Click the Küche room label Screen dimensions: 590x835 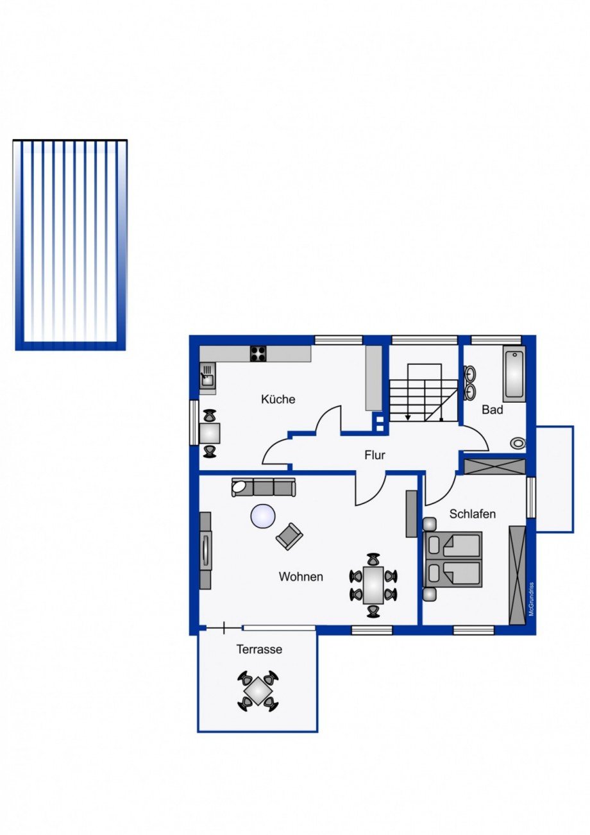point(278,399)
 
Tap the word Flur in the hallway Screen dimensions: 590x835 point(375,455)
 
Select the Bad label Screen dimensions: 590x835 point(493,410)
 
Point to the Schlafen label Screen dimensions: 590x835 point(472,514)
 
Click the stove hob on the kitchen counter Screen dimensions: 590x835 point(258,354)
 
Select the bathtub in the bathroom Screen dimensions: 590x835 point(514,374)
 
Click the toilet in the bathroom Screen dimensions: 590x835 point(518,443)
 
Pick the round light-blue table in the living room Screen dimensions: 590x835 point(263,516)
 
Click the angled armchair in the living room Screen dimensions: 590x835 point(289,536)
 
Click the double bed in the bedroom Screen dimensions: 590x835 point(453,559)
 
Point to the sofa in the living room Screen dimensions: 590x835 point(264,487)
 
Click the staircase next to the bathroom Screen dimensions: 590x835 point(424,392)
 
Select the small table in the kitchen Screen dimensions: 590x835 point(210,433)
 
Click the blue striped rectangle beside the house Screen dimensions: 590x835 point(70,245)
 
